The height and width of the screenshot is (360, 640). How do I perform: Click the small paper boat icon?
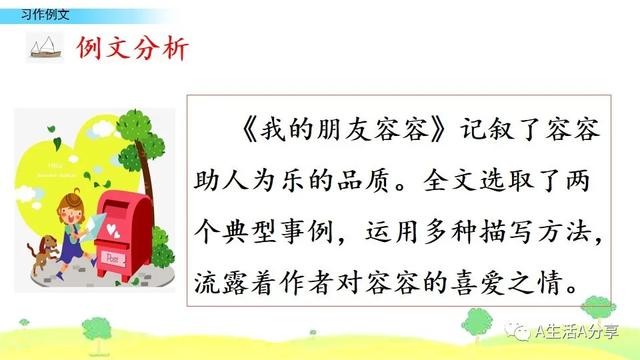click(x=44, y=47)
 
